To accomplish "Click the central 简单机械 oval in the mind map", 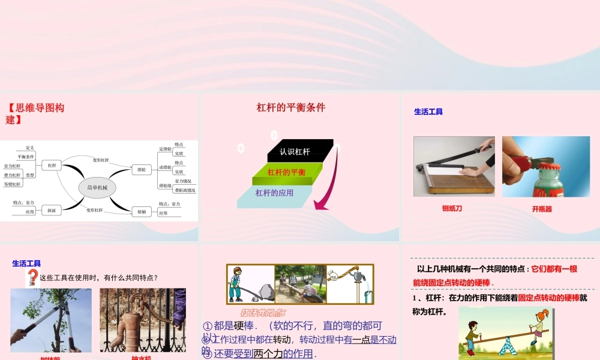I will [x=97, y=187].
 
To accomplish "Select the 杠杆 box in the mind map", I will [x=52, y=165].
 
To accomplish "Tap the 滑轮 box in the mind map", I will [x=141, y=170].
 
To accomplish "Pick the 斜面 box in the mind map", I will [x=52, y=211].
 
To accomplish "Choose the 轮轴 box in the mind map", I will [x=142, y=211].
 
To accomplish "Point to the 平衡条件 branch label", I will [x=26, y=157].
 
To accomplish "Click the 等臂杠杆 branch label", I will [x=12, y=184].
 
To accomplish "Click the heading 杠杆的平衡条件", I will [x=291, y=108].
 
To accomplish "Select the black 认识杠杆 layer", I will [x=295, y=151].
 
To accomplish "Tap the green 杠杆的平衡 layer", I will [x=286, y=173].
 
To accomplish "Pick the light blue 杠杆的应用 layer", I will [x=275, y=193].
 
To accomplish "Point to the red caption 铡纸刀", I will [x=452, y=208].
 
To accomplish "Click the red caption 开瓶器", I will [x=542, y=209].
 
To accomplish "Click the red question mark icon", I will [x=32, y=277].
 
